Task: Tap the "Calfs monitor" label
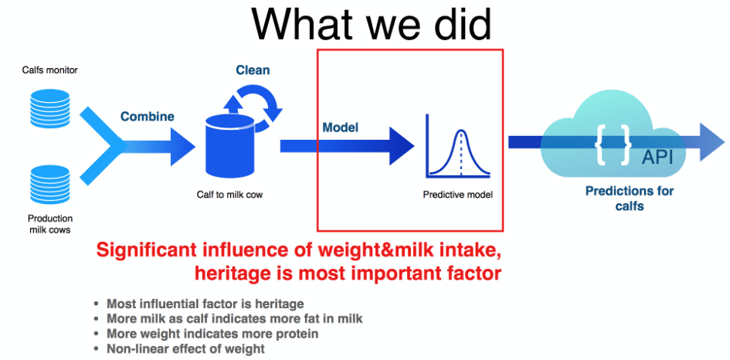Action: pyautogui.click(x=49, y=70)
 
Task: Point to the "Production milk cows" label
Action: pyautogui.click(x=49, y=223)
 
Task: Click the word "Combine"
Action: pyautogui.click(x=148, y=116)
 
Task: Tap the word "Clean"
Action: pyautogui.click(x=253, y=70)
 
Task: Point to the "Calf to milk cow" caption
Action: pyautogui.click(x=229, y=195)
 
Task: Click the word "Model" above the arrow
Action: pyautogui.click(x=341, y=127)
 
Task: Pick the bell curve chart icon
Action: pyautogui.click(x=457, y=147)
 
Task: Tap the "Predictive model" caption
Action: pyautogui.click(x=457, y=195)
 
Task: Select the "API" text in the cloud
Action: pyautogui.click(x=657, y=158)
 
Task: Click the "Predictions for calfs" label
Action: pyautogui.click(x=630, y=199)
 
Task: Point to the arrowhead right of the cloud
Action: pyautogui.click(x=711, y=142)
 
